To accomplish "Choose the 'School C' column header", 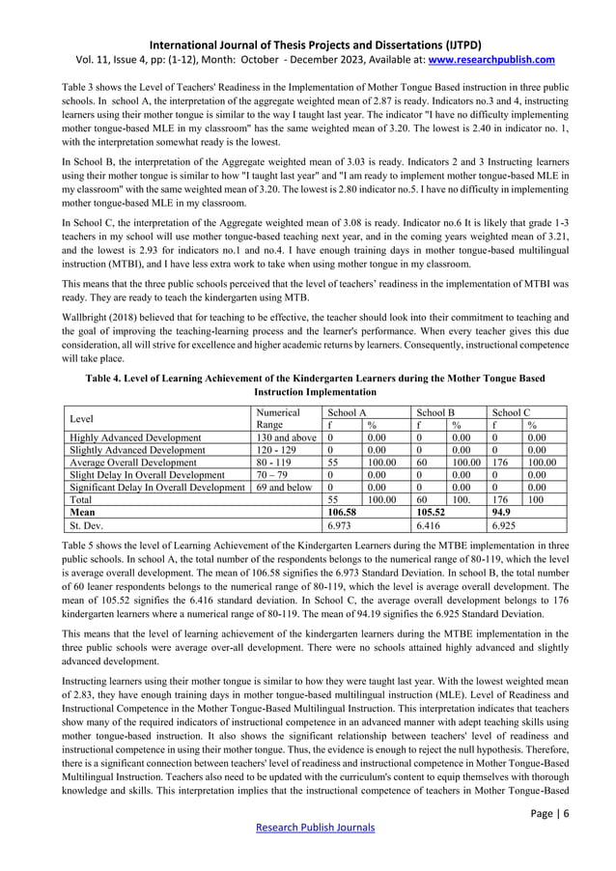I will click(512, 412).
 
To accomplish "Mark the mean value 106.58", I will click(343, 513).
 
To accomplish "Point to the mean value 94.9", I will click(502, 513).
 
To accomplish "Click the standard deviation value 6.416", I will click(432, 525).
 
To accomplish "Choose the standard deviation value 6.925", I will click(508, 525).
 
